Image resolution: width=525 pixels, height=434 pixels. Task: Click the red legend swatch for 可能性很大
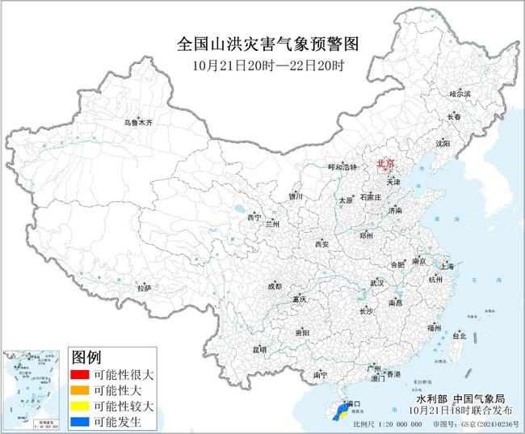click(80, 375)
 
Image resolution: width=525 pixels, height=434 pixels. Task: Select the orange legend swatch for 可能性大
click(80, 390)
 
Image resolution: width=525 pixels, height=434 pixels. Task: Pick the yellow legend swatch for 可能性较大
click(80, 406)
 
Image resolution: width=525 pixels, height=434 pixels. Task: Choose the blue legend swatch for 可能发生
click(80, 421)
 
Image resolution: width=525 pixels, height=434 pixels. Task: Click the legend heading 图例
click(86, 357)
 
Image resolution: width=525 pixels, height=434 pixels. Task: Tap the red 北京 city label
click(387, 164)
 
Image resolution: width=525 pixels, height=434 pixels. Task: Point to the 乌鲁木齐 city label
click(137, 123)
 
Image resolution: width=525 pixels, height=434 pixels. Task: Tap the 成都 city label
click(275, 286)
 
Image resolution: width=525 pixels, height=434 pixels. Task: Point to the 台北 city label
click(459, 335)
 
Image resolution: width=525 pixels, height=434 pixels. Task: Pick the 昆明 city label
click(259, 349)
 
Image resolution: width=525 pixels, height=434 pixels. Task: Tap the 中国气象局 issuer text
click(475, 399)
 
